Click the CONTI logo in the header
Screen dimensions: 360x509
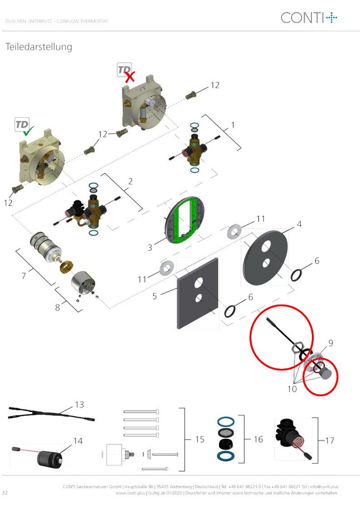click(x=309, y=17)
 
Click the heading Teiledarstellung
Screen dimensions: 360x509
click(x=39, y=47)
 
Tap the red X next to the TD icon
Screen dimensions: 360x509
click(x=130, y=77)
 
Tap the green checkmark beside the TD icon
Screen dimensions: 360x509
click(x=28, y=131)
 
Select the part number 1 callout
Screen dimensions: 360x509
click(x=233, y=125)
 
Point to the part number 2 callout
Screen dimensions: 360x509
click(x=130, y=181)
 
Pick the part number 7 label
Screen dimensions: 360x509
click(x=24, y=276)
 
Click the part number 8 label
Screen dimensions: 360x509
click(x=57, y=307)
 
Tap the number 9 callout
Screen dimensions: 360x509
click(x=330, y=343)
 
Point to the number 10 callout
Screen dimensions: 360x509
click(x=292, y=388)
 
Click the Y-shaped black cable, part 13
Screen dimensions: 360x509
click(x=51, y=414)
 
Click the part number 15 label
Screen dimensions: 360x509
click(x=200, y=439)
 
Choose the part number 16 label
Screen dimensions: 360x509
click(x=258, y=439)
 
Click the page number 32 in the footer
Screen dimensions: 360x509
click(x=5, y=493)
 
